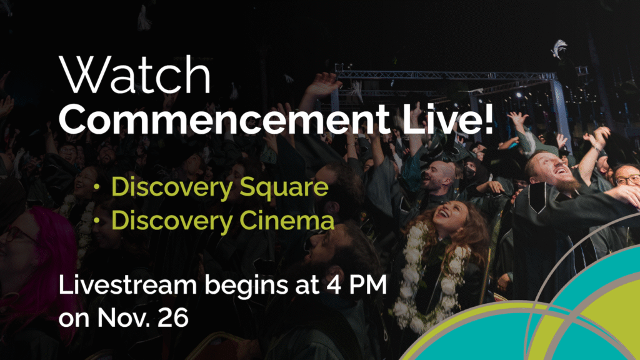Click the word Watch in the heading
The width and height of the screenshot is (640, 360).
(x=135, y=75)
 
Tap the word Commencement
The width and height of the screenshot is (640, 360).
(x=224, y=119)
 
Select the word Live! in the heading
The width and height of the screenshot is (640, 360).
(x=447, y=119)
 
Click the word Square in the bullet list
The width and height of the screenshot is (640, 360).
(x=284, y=188)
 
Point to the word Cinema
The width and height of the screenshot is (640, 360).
(x=286, y=221)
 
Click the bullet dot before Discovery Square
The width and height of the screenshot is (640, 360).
(x=97, y=188)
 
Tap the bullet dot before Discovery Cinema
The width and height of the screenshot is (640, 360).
(x=97, y=221)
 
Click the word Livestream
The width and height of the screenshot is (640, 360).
(x=127, y=284)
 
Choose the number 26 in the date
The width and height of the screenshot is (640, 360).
(x=175, y=317)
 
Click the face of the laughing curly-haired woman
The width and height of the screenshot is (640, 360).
(x=449, y=214)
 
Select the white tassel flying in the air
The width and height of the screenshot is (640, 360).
(x=558, y=48)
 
